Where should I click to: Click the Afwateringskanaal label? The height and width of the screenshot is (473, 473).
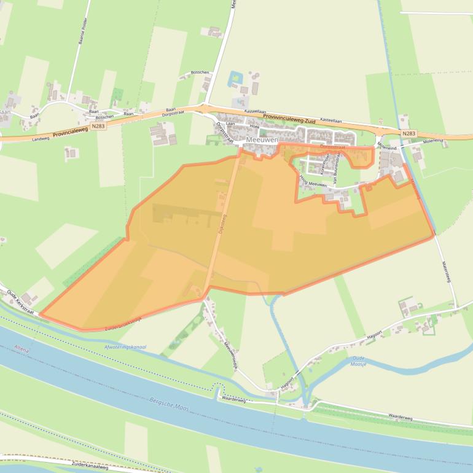point(126,348)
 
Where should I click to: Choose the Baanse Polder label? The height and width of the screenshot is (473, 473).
point(82,29)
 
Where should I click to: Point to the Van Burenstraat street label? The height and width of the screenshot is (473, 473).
point(335,169)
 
